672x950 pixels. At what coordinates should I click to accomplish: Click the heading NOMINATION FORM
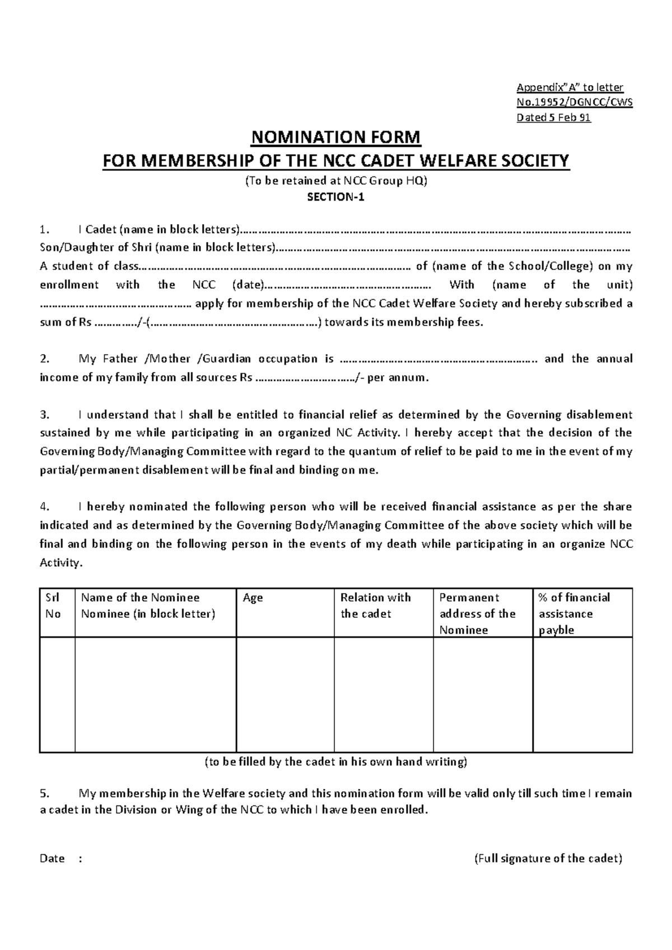click(335, 137)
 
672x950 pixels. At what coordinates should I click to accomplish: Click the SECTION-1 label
click(335, 198)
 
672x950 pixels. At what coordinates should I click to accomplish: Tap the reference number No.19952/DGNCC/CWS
click(574, 103)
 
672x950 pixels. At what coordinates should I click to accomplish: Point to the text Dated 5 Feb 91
click(553, 118)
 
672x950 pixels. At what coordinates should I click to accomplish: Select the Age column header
click(253, 598)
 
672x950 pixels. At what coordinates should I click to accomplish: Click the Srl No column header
click(53, 606)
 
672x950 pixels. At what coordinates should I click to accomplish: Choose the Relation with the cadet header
click(375, 606)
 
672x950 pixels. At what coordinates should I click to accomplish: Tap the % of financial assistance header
click(574, 613)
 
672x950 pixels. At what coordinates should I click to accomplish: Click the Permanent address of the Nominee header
click(477, 613)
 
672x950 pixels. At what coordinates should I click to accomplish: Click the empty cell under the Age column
click(285, 695)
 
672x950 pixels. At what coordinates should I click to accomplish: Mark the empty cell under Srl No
click(57, 695)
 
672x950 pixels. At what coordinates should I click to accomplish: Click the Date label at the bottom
click(53, 859)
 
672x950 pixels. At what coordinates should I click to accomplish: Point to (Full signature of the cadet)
click(548, 859)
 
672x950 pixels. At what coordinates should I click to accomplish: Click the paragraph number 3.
click(45, 415)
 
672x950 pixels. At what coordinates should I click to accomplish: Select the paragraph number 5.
click(45, 794)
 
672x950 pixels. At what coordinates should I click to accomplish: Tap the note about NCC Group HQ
click(335, 181)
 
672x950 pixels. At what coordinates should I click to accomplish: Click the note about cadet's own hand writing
click(335, 762)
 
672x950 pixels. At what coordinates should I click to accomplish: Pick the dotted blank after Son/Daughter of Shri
click(454, 248)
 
